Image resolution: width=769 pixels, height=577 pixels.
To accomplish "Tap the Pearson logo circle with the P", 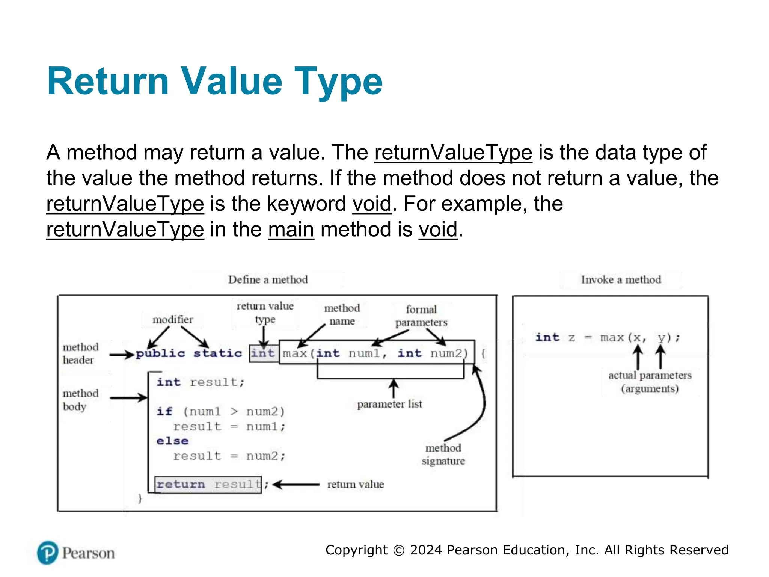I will pos(48,553).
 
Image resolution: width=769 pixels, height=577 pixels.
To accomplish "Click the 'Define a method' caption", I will pos(268,280).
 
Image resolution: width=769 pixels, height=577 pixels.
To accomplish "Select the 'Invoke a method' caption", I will pos(621,280).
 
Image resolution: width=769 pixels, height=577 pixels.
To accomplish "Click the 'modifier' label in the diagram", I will pos(172,320).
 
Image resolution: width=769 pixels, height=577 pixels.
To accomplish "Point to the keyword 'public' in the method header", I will pos(160,353).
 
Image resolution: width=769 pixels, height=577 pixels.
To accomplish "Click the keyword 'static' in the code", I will pos(217,353).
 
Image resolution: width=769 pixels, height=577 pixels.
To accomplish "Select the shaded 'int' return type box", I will pos(263,353).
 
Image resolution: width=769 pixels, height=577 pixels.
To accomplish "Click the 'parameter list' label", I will pos(389,404).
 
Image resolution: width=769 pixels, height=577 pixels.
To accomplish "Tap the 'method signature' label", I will pos(443,454).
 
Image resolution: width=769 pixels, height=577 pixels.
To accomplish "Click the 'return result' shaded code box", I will pos(208,485).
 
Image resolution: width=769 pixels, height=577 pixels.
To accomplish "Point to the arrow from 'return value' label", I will pos(296,485).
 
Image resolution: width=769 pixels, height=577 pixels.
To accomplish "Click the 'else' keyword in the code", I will pos(172,441).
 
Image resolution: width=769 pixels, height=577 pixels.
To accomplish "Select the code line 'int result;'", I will pos(201,382).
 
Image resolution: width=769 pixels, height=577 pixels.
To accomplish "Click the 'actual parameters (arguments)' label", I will pos(650,382).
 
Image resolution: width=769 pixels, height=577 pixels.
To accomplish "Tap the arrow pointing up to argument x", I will pos(638,357).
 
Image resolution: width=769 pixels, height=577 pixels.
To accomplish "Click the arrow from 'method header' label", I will pos(122,354).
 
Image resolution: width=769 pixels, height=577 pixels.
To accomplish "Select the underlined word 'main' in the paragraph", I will pos(291,230).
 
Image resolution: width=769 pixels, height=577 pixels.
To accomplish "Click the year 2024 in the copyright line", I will pos(426,550).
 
